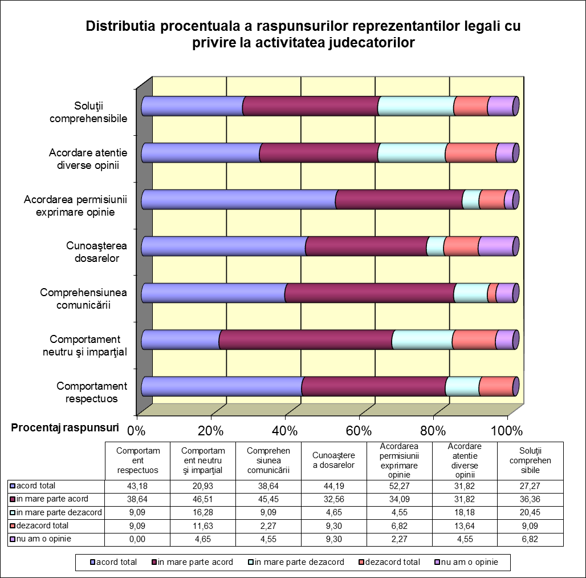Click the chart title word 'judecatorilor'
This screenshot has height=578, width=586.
tap(372, 43)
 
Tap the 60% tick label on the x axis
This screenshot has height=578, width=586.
tap(359, 431)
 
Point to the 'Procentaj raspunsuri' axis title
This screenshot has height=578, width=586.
tap(65, 427)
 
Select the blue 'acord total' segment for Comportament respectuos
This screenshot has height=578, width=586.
tap(222, 386)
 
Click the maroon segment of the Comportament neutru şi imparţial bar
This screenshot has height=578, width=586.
tap(306, 339)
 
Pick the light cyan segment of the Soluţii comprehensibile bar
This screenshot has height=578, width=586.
tap(416, 106)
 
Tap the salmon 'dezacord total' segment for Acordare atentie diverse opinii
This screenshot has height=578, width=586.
tap(471, 153)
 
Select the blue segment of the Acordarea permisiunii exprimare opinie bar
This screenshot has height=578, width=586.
tap(239, 199)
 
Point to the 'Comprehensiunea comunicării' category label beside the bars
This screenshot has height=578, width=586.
tap(83, 298)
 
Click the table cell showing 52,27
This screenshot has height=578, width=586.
tap(399, 486)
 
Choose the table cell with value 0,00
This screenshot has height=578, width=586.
tap(137, 539)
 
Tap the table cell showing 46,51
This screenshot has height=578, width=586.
tap(203, 499)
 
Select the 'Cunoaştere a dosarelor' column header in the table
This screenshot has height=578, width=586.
tap(333, 460)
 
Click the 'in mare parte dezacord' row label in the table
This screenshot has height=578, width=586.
tap(56, 512)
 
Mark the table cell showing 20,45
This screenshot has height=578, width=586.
tap(530, 512)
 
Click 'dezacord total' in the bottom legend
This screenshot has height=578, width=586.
tap(389, 562)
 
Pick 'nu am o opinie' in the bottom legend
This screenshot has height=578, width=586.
tap(466, 562)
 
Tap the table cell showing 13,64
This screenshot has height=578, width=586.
tap(465, 526)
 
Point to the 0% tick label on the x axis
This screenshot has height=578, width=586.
tap(136, 431)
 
